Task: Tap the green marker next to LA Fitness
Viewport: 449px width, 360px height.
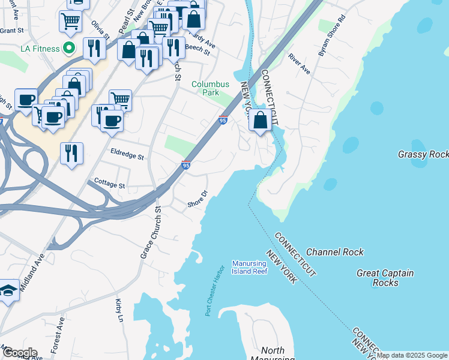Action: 69,47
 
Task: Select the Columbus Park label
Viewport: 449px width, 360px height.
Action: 210,89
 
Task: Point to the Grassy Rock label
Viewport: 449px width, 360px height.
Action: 423,154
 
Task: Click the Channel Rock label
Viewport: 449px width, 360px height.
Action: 334,252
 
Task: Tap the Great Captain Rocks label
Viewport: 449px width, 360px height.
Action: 385,278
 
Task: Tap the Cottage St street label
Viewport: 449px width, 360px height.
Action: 109,185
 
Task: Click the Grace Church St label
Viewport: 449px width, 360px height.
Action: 151,233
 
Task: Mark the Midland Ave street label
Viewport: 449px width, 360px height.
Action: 32,272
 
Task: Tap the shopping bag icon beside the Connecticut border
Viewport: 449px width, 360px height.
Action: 260,121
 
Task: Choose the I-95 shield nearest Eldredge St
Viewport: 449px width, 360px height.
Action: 186,165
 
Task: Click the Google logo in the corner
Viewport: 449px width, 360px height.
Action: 19,352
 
